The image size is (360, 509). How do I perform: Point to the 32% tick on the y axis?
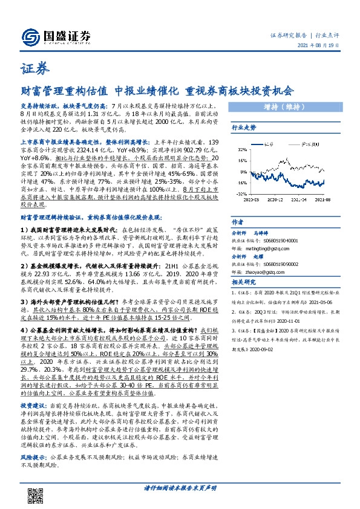(241, 143)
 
